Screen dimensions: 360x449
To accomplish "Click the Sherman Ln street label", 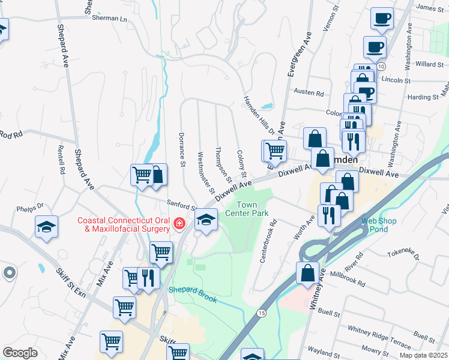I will coord(110,19).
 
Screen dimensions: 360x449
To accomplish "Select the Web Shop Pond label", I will coord(378,225).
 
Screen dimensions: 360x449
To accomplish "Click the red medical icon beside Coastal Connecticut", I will coord(179,224).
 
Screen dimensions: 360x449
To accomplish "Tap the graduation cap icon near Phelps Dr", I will coord(46,227).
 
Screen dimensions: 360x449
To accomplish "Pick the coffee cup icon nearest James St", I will coord(382,19).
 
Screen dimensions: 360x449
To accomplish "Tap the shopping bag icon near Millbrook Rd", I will coord(307,272).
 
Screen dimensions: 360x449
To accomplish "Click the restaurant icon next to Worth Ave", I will coord(328,215).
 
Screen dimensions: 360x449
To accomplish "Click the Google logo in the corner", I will coord(20,352).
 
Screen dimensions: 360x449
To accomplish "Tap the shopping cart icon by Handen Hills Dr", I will coord(274,150).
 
